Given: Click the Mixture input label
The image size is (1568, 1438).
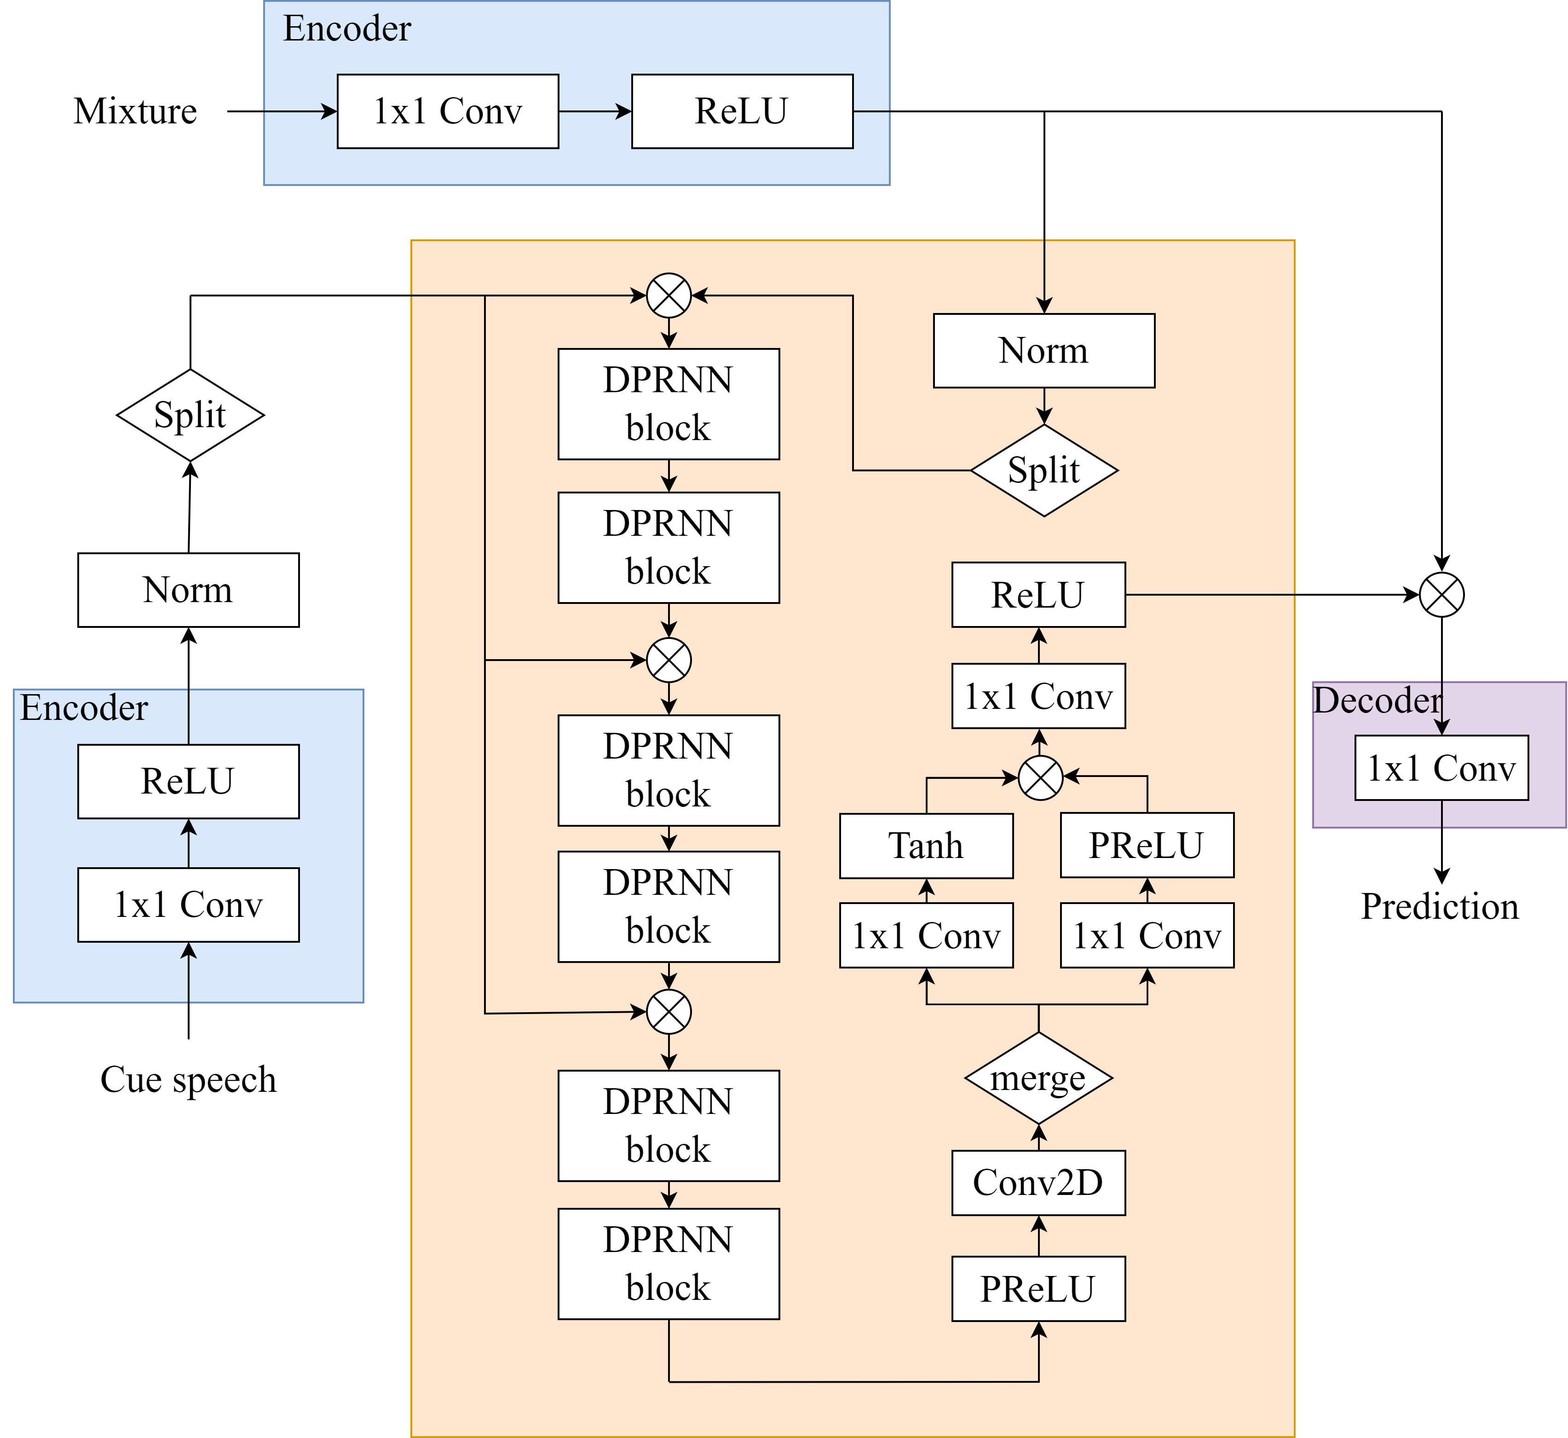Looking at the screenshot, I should coord(135,111).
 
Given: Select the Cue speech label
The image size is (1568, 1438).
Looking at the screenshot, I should coord(188,1079).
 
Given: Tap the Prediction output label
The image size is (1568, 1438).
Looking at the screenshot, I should coord(1440,906).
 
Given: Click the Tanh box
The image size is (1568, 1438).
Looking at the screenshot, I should coord(926,846).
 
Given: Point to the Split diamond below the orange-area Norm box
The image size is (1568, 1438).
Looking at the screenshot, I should coord(1044,470).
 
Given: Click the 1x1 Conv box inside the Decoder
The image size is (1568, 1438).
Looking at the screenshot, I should coord(1441,768).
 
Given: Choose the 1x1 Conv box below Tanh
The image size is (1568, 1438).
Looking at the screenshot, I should coord(926,935).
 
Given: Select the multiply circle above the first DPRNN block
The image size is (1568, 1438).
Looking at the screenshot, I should coord(669,296).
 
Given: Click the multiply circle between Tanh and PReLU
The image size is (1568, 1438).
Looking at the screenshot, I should coord(1041,777).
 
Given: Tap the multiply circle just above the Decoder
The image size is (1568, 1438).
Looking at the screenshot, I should coord(1441,595).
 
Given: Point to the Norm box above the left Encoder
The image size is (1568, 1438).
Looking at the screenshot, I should coord(188,590).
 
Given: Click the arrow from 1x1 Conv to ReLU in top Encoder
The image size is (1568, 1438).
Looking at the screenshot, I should coord(595,111).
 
